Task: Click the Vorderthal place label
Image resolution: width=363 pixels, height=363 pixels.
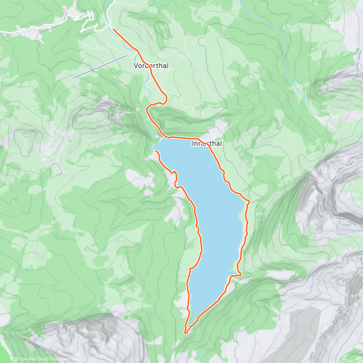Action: click(151, 66)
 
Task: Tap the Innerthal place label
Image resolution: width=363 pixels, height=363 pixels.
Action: click(207, 143)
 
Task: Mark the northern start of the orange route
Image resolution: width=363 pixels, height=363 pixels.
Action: click(113, 29)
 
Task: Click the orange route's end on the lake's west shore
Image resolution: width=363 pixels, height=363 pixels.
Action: click(156, 151)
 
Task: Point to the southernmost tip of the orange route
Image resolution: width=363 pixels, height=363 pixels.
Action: click(186, 333)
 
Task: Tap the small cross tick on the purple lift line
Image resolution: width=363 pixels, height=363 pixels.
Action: click(92, 70)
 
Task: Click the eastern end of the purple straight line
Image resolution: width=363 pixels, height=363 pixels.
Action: click(127, 55)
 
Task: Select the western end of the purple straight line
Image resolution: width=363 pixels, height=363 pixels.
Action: click(73, 78)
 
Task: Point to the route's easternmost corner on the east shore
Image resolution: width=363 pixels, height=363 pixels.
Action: click(249, 201)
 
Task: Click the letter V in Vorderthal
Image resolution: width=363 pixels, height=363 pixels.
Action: click(136, 66)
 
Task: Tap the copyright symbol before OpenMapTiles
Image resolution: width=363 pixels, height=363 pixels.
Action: click(17, 359)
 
